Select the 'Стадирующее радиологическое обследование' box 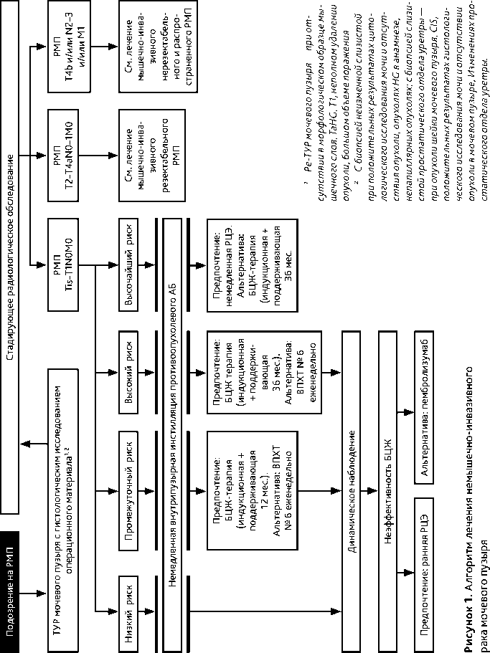tap(11, 258)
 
